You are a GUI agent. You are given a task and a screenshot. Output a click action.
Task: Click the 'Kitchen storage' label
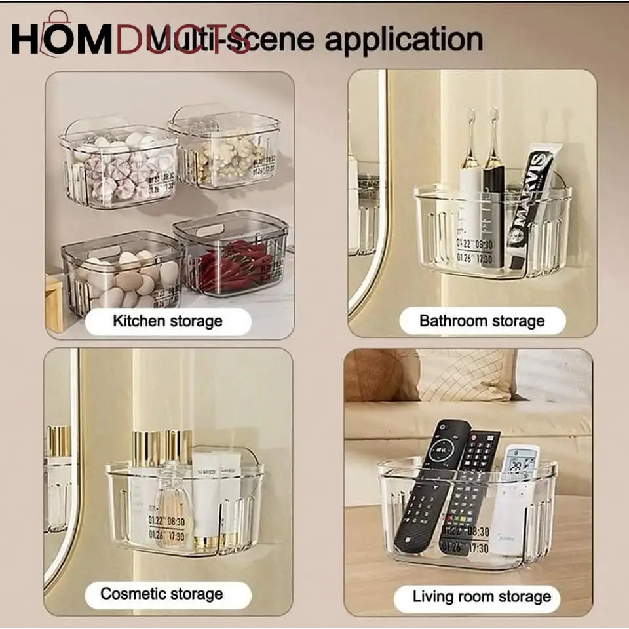[168, 321]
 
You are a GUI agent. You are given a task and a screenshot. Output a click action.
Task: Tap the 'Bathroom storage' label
[482, 321]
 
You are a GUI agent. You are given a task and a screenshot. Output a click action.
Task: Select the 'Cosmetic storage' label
[162, 594]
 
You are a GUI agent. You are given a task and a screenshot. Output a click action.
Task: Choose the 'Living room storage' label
[482, 597]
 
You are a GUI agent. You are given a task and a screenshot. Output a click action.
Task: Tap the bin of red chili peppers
[231, 259]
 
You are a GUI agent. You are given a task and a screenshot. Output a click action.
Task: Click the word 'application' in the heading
[404, 41]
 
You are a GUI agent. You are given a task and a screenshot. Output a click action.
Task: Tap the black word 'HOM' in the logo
[62, 41]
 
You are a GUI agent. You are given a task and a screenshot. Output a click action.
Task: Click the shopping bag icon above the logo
[58, 20]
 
